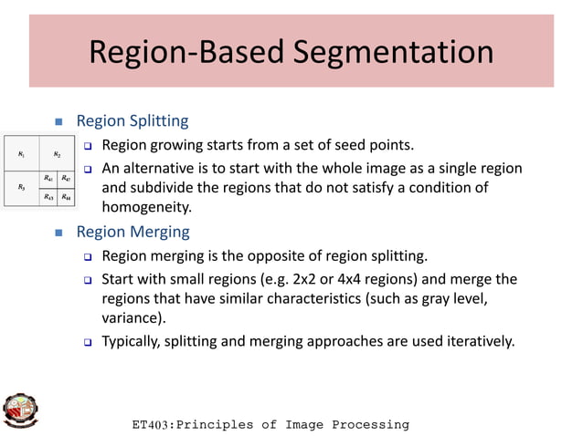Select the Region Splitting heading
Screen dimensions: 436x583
pyautogui.click(x=132, y=120)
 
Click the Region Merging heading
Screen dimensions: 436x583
pyautogui.click(x=132, y=232)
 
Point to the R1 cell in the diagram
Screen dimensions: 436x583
pyautogui.click(x=21, y=155)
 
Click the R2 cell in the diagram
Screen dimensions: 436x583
pyautogui.click(x=57, y=155)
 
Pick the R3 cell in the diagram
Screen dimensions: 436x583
pyautogui.click(x=21, y=187)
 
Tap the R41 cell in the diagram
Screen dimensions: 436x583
pyautogui.click(x=48, y=179)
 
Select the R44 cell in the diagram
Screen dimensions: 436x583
pyautogui.click(x=67, y=197)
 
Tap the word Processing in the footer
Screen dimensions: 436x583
pyautogui.click(x=370, y=425)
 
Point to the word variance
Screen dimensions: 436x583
pyautogui.click(x=132, y=317)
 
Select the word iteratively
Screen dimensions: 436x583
pyautogui.click(x=480, y=342)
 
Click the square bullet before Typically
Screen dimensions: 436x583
pyautogui.click(x=89, y=343)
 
